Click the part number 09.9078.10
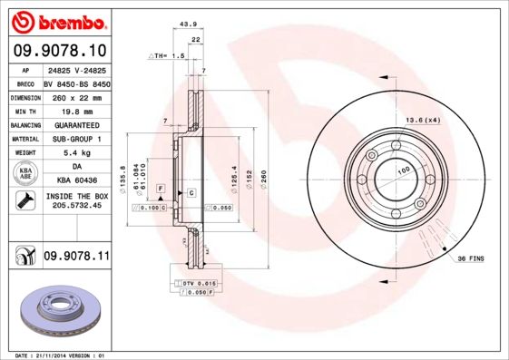pyautogui.click(x=59, y=51)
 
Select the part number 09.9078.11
pyautogui.click(x=76, y=257)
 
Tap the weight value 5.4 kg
pyautogui.click(x=76, y=153)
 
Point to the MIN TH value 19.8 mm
pyautogui.click(x=76, y=110)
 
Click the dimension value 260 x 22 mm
pyautogui.click(x=76, y=96)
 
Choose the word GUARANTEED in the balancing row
pyautogui.click(x=76, y=124)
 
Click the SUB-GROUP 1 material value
pyautogui.click(x=76, y=139)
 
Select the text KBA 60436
pyautogui.click(x=76, y=181)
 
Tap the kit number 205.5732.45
pyautogui.click(x=76, y=206)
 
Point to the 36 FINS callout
pyautogui.click(x=470, y=258)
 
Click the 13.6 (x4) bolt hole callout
pyautogui.click(x=423, y=120)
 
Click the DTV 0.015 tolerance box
pyautogui.click(x=192, y=285)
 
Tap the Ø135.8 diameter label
pyautogui.click(x=123, y=177)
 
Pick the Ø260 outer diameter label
pyautogui.click(x=264, y=178)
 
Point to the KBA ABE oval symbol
pyautogui.click(x=26, y=174)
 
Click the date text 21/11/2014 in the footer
pyautogui.click(x=50, y=355)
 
